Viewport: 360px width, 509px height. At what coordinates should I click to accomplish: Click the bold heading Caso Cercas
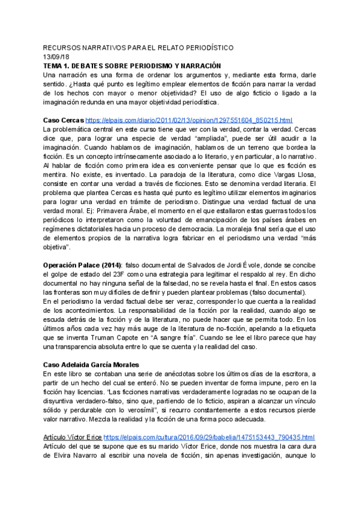(x=64, y=119)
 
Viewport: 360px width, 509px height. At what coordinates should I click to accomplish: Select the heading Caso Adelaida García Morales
(x=91, y=364)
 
